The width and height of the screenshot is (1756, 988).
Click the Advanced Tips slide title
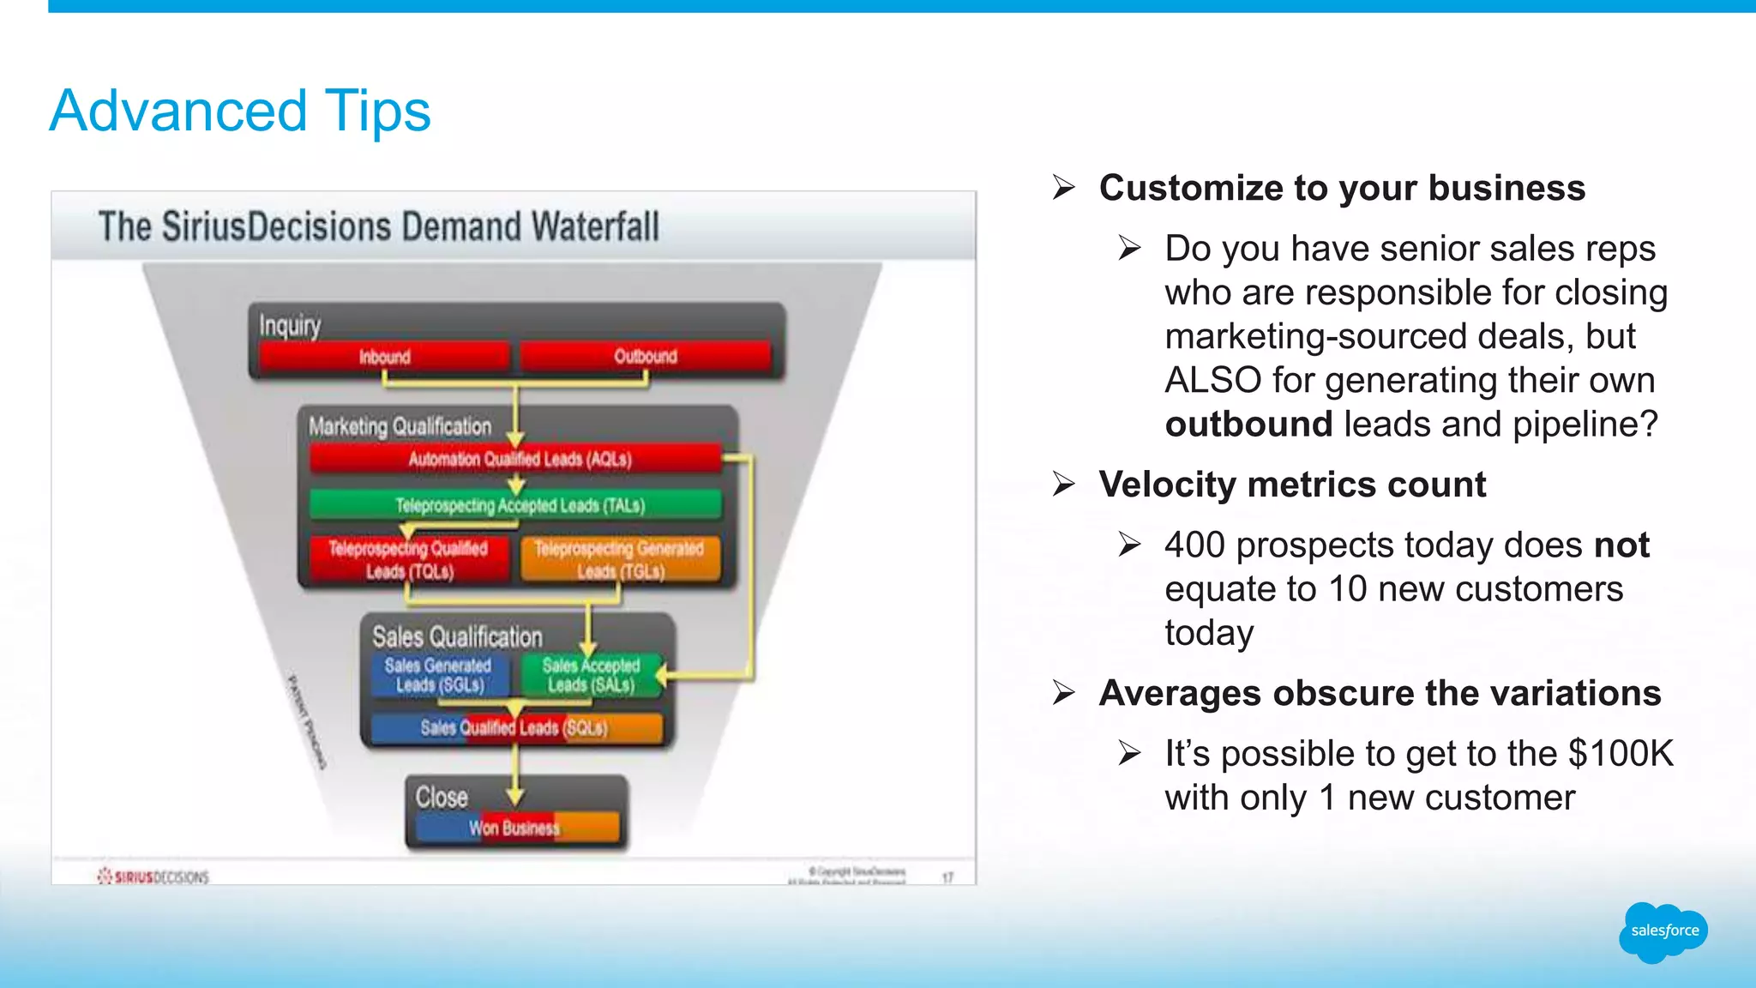tap(240, 111)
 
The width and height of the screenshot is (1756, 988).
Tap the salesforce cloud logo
tap(1663, 931)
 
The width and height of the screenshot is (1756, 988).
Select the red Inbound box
tap(384, 357)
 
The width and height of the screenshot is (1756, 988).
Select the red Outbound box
tap(646, 356)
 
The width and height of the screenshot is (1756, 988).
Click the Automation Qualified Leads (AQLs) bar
tap(518, 459)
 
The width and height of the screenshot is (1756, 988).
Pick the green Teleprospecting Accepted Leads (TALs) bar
tap(518, 505)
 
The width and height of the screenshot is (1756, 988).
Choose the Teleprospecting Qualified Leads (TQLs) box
tap(408, 560)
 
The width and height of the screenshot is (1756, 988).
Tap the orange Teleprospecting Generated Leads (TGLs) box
tap(620, 560)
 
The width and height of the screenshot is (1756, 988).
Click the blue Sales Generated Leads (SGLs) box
tap(439, 675)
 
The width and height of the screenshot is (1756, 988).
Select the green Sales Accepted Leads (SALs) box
tap(592, 675)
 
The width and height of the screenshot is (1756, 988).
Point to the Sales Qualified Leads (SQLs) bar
tap(514, 728)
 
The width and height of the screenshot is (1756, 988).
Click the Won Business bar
tap(514, 828)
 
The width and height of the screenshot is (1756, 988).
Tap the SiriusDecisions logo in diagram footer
tap(154, 877)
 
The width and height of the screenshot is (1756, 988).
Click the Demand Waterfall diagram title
tap(378, 227)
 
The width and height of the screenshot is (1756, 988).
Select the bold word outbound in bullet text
tap(1248, 425)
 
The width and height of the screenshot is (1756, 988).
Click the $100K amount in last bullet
tap(1621, 754)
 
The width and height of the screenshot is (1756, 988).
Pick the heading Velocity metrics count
tap(1292, 485)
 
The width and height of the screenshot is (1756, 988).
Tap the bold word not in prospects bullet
tap(1621, 545)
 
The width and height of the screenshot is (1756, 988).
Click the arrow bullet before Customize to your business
tap(1064, 188)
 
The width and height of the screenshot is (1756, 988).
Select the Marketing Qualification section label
tap(400, 426)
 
